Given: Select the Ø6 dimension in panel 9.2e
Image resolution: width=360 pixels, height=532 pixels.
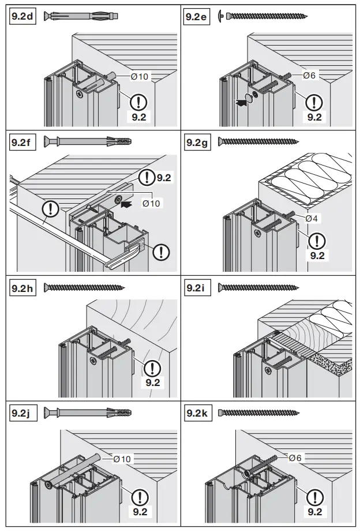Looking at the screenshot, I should tap(309, 76).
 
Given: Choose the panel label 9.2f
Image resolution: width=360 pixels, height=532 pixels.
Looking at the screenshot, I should tap(22, 141).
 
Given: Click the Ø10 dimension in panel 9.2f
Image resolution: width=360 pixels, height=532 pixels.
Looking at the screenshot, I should tap(151, 203).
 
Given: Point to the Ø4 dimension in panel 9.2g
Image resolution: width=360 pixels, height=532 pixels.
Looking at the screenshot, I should tap(312, 218).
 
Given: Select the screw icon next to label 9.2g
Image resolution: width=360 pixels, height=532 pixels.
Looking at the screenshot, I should tap(258, 141).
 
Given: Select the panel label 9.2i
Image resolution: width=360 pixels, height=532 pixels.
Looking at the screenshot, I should tap(195, 287).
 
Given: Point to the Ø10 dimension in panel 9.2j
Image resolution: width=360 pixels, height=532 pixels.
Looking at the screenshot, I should tap(122, 459).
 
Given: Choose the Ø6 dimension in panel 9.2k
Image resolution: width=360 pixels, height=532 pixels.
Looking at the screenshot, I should tap(295, 458).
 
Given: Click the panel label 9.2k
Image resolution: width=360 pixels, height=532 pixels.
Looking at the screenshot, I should tap(196, 413).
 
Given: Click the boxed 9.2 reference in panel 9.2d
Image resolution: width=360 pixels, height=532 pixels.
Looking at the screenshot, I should tap(138, 117).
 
